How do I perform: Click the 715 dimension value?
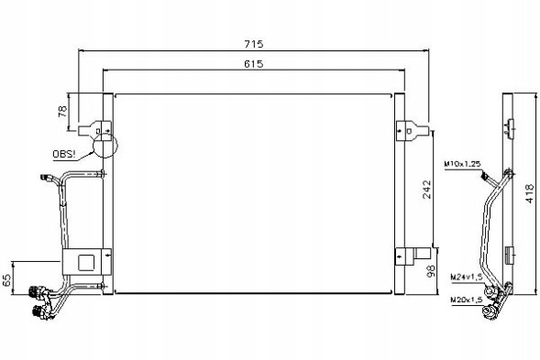(254, 44)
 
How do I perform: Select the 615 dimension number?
(253, 64)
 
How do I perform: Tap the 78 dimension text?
(62, 112)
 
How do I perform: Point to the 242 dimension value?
(426, 189)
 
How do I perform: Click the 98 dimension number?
(431, 271)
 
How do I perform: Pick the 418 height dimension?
(530, 193)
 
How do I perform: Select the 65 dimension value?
(7, 280)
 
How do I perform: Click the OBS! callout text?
(63, 154)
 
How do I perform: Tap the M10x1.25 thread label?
(462, 164)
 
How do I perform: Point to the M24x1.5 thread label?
(467, 277)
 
